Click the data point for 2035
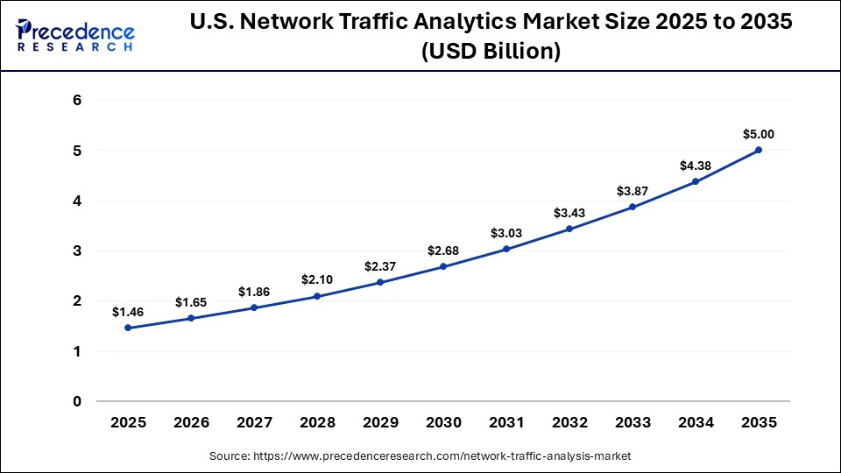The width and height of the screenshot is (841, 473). [759, 150]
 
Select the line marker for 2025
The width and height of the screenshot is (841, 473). [128, 328]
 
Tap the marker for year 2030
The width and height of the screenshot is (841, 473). [443, 266]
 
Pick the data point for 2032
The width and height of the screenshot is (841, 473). [569, 229]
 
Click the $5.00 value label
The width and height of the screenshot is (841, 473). [759, 134]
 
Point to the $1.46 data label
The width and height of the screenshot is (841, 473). [128, 312]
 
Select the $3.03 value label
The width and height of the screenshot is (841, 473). [506, 233]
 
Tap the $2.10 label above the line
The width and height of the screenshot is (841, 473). [317, 279]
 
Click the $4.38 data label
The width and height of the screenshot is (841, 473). [696, 166]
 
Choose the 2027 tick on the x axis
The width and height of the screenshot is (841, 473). [254, 422]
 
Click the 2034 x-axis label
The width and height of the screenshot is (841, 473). [696, 422]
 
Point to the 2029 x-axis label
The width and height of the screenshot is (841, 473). [380, 422]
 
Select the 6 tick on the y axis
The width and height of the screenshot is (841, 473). [77, 101]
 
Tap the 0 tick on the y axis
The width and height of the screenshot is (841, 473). [77, 402]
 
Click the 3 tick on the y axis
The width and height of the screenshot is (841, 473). [77, 251]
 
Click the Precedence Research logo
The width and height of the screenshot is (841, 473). [75, 36]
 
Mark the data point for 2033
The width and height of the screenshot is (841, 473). [633, 207]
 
